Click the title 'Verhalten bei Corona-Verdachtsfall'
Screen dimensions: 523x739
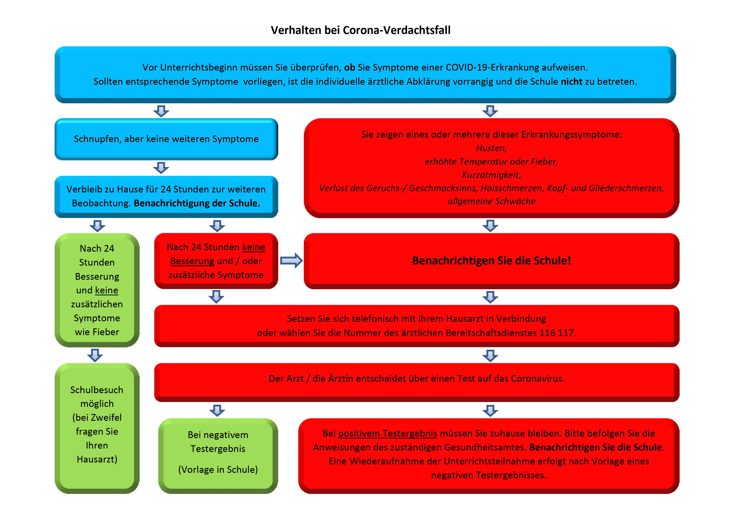(x=361, y=30)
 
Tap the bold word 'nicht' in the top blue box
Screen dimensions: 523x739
(x=572, y=82)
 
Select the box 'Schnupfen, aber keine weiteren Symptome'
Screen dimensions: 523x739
(x=166, y=139)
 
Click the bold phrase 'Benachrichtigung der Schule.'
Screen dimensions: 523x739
(x=197, y=203)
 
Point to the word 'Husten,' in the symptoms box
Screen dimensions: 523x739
(x=491, y=148)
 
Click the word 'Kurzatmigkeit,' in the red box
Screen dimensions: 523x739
(x=491, y=175)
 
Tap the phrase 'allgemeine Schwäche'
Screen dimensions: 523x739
(x=492, y=201)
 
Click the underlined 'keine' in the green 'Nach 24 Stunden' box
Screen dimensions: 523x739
(x=107, y=290)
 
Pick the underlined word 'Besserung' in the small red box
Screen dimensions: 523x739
(x=192, y=261)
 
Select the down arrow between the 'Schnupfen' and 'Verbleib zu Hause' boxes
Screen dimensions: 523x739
(x=161, y=168)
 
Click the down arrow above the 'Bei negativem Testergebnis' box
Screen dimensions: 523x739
(x=217, y=411)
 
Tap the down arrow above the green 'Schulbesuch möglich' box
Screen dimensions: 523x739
(x=95, y=355)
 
